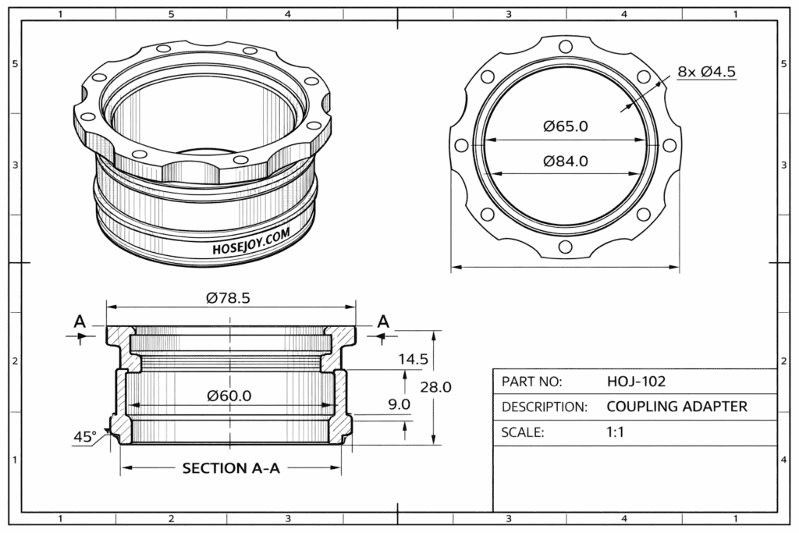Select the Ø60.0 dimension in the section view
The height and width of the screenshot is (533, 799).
point(229,396)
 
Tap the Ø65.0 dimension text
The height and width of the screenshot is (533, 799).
point(566,126)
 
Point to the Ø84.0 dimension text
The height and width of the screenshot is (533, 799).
point(566,162)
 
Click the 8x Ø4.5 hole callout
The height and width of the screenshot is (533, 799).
point(707,72)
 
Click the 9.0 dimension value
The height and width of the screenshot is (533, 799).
point(399,404)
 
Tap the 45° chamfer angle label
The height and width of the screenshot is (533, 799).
point(84,437)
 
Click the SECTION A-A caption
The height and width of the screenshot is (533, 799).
point(231,468)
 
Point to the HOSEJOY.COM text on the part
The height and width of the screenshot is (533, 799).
point(251,241)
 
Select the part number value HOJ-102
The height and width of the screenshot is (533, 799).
point(636,382)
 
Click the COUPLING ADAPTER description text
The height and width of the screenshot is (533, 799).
point(676,407)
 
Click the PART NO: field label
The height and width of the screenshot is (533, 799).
point(531,382)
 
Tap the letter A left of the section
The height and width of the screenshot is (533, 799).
point(79,321)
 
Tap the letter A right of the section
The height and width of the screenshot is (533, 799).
point(383,321)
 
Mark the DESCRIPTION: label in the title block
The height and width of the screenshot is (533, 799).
point(544,407)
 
